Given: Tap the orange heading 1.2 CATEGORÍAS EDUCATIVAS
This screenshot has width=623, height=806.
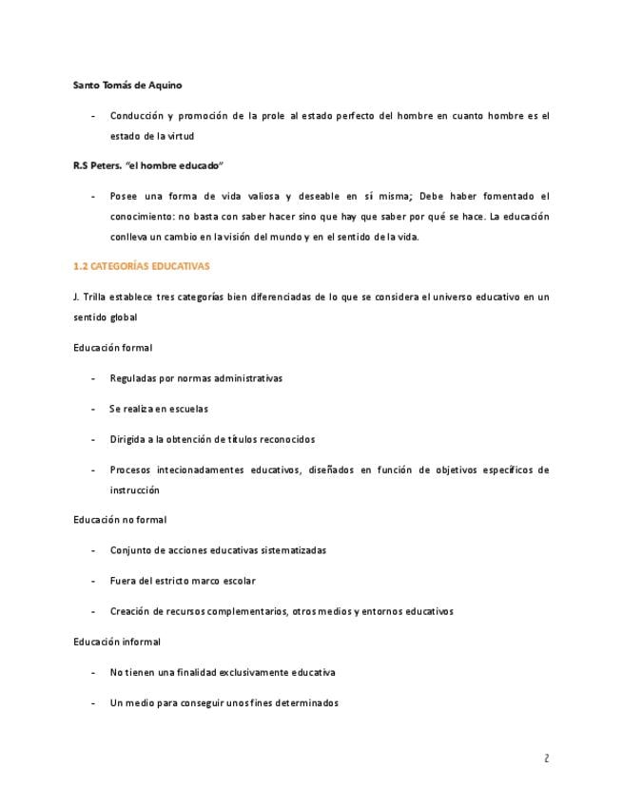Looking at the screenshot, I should pos(141,266).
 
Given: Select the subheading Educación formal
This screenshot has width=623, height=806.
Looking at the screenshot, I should pos(112,347).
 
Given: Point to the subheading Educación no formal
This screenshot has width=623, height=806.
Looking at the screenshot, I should pos(120,520).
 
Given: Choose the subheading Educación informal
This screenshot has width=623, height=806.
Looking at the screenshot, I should pos(117,642).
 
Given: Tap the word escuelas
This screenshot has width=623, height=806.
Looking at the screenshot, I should pos(185,409).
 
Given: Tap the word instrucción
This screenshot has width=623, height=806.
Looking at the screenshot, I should pos(135,490).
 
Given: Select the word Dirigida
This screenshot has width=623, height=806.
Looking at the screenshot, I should pos(129,439).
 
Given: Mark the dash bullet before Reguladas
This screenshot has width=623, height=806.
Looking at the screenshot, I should pos(92,378).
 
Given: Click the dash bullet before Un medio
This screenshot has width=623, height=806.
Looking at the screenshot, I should pos(92,703).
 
